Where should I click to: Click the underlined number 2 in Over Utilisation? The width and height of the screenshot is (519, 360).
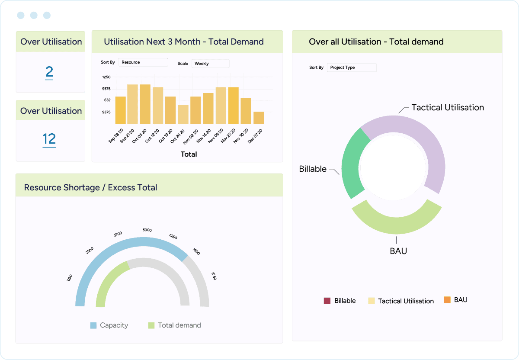coord(49,72)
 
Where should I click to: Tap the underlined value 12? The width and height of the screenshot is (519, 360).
coord(49,139)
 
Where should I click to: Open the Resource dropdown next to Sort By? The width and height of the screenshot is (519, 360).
coord(143,62)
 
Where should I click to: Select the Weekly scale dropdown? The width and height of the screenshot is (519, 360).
coord(210,64)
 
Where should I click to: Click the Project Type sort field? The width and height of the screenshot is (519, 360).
coord(352,67)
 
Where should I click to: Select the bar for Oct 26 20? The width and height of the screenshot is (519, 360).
coord(183,115)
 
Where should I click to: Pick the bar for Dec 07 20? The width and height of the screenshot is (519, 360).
coord(259,118)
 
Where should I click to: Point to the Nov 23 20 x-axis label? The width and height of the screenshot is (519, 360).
coord(227,135)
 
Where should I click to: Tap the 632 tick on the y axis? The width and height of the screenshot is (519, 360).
coord(106,100)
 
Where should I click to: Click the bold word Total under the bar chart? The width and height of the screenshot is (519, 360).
coord(189,154)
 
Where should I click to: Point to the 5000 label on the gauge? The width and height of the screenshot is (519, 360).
coord(147,230)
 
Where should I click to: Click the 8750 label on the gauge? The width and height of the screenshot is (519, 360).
coord(213,276)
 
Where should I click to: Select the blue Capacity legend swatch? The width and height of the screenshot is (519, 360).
coord(93,325)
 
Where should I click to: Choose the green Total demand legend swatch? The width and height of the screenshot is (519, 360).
coord(151,325)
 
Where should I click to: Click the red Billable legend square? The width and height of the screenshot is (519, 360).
coord(327,301)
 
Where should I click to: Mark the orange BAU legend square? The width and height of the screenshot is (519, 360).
coord(447,300)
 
